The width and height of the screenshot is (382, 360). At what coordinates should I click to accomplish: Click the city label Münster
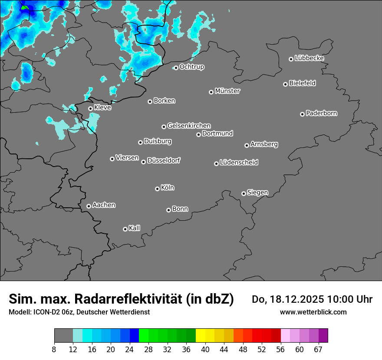pyautogui.click(x=227, y=91)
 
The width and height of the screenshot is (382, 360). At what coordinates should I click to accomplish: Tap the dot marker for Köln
pyautogui.click(x=157, y=189)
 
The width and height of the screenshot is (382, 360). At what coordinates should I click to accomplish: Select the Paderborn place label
pyautogui.click(x=322, y=113)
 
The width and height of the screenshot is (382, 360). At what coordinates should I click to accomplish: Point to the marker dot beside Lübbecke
pyautogui.click(x=291, y=59)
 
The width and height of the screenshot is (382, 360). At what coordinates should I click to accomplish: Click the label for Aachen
pyautogui.click(x=104, y=205)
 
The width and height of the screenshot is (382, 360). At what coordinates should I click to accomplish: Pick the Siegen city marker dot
pyautogui.click(x=244, y=193)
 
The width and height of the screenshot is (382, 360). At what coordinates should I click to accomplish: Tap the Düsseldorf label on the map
pyautogui.click(x=164, y=160)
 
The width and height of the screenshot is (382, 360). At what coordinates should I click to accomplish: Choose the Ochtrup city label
pyautogui.click(x=192, y=67)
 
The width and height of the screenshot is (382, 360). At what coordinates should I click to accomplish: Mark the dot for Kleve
pyautogui.click(x=90, y=109)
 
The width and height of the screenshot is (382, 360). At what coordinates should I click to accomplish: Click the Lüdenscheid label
pyautogui.click(x=239, y=163)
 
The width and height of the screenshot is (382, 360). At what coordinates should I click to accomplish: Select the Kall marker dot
pyautogui.click(x=125, y=229)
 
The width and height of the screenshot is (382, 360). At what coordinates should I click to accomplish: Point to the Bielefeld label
pyautogui.click(x=303, y=83)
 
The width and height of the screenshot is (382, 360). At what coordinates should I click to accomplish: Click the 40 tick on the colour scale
pyautogui.click(x=205, y=349)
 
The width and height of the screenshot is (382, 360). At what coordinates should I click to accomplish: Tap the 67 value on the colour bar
pyautogui.click(x=319, y=349)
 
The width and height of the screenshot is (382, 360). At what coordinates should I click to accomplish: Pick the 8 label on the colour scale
pyautogui.click(x=54, y=349)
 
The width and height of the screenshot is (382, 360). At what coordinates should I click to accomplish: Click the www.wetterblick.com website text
pyautogui.click(x=313, y=312)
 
